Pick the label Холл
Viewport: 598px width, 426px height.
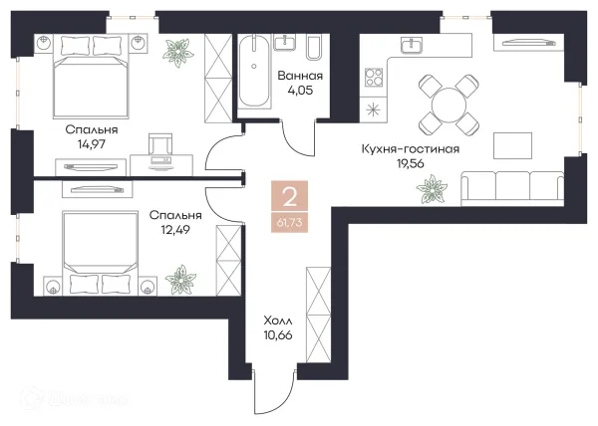[x=278, y=321]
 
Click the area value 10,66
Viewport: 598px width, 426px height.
[x=278, y=338]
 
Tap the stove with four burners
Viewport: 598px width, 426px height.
[x=375, y=77]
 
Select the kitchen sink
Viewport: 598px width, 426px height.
[x=410, y=45]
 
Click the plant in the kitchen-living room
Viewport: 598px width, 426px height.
[x=434, y=185]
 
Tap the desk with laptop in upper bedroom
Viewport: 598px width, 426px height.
[x=159, y=148]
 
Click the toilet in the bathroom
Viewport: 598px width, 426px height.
[x=312, y=50]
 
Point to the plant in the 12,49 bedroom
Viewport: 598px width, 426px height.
[x=183, y=276]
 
